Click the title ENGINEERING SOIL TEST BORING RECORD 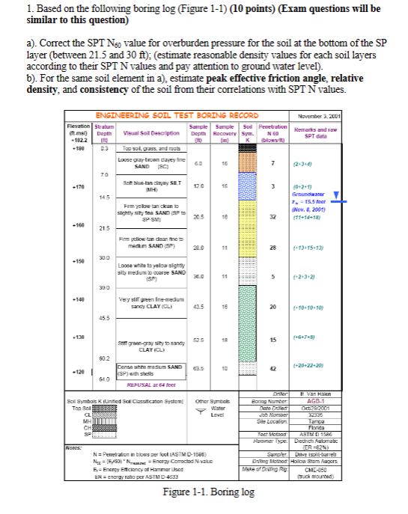(x=177, y=115)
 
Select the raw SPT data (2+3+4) (x=334, y=163)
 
